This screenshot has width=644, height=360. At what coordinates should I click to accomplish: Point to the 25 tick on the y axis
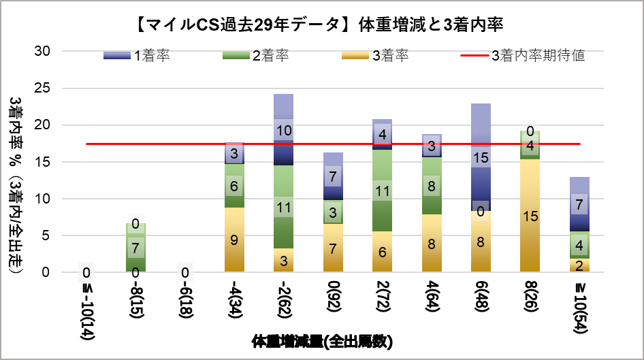click(x=43, y=88)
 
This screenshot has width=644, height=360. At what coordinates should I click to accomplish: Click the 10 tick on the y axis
click(x=43, y=199)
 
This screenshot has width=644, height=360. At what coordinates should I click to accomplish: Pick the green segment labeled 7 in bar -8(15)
click(x=136, y=247)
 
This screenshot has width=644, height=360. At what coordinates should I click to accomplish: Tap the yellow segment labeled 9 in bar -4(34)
click(x=235, y=240)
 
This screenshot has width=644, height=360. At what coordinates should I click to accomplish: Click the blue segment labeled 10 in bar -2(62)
click(x=284, y=130)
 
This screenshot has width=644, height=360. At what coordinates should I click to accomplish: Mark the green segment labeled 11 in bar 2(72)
click(x=382, y=191)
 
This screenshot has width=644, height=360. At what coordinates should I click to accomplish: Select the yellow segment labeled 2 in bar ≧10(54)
click(x=579, y=265)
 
